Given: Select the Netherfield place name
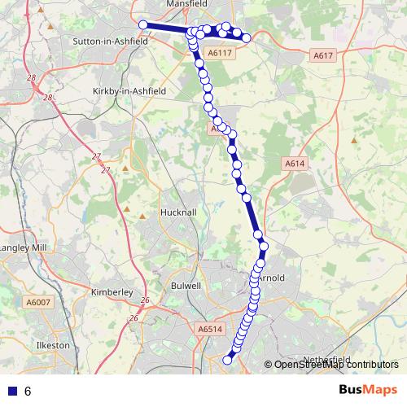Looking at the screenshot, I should point(326,359).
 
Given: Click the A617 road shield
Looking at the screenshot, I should point(323,55).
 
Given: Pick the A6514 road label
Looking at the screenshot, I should point(209,329).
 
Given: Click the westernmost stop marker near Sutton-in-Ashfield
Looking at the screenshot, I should point(143,25).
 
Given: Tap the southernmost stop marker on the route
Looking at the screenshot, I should point(228,358).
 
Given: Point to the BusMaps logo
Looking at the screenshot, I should point(368,390).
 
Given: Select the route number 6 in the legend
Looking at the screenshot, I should point(28,391).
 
